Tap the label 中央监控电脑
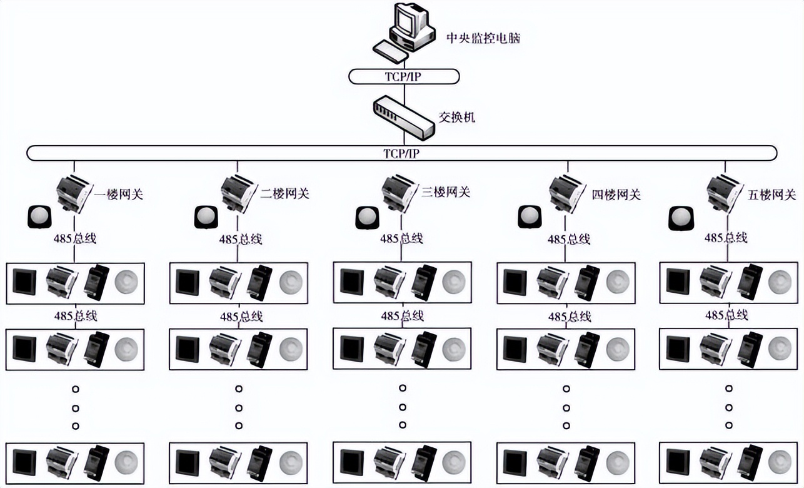pyautogui.click(x=483, y=39)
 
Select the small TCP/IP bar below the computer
pyautogui.click(x=404, y=76)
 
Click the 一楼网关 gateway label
pyautogui.click(x=119, y=194)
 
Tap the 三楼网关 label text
pyautogui.click(x=445, y=193)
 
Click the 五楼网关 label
pyautogui.click(x=771, y=195)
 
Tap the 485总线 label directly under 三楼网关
pyautogui.click(x=402, y=238)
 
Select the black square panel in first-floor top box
pyautogui.click(x=26, y=283)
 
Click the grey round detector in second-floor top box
pyautogui.click(x=291, y=283)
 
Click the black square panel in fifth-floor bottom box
pyautogui.click(x=678, y=462)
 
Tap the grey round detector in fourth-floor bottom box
pyautogui.click(x=618, y=462)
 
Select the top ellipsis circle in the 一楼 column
pyautogui.click(x=76, y=389)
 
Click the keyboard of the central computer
pyautogui.click(x=391, y=50)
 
